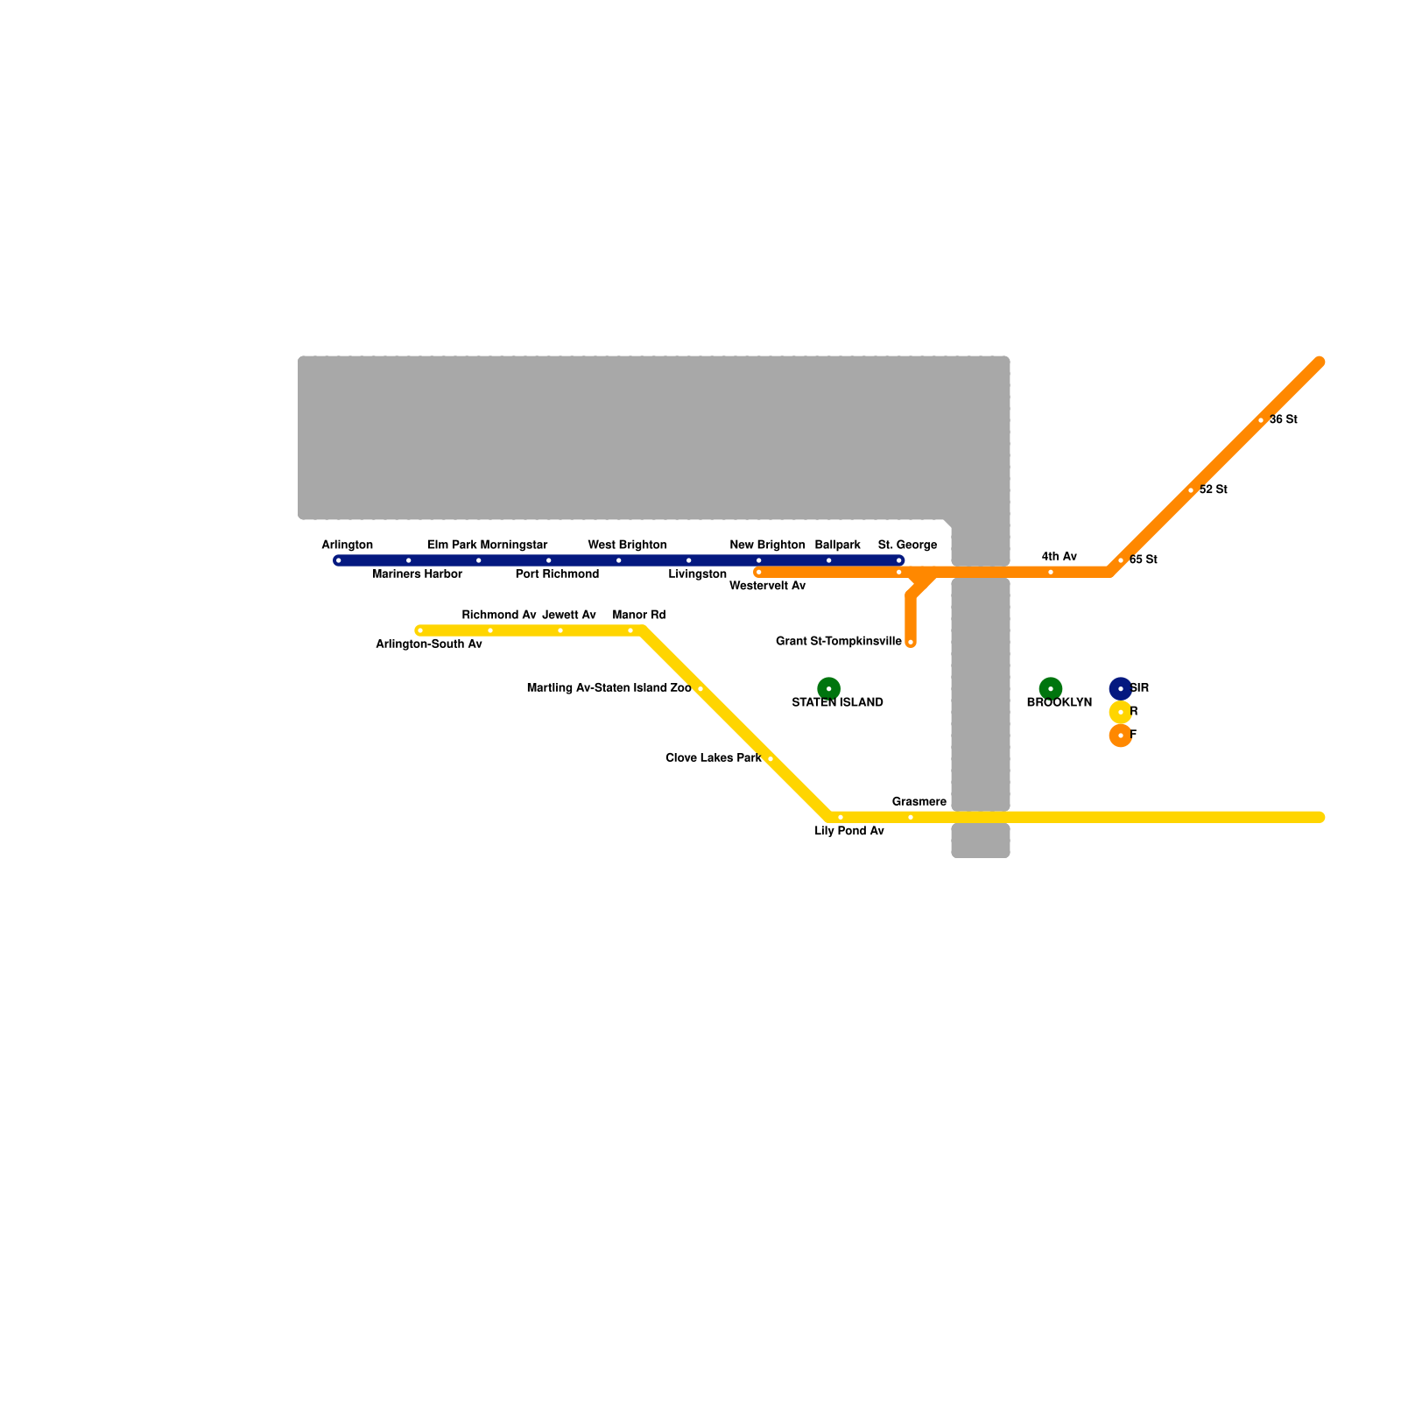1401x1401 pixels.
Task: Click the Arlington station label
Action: [x=347, y=545]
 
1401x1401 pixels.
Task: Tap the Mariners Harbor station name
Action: [x=417, y=574]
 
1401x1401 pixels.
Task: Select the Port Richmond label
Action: [x=557, y=574]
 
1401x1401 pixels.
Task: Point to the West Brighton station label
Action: [x=627, y=545]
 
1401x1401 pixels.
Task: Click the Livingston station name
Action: [x=697, y=574]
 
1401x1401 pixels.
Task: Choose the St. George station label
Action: [x=907, y=545]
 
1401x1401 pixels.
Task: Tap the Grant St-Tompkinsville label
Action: [x=838, y=642]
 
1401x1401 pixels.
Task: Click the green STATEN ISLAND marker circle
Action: [x=828, y=688]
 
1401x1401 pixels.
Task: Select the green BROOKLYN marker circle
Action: [x=1051, y=688]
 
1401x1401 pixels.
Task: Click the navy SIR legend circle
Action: [x=1120, y=688]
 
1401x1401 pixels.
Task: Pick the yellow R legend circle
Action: [x=1120, y=712]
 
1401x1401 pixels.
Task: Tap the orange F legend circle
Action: [x=1120, y=736]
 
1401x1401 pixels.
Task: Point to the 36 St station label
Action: [x=1283, y=420]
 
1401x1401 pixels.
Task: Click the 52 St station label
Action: [x=1213, y=490]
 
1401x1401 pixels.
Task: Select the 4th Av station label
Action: [x=1059, y=557]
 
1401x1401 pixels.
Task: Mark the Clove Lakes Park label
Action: [x=713, y=758]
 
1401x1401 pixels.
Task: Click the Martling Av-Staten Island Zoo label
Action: [x=609, y=688]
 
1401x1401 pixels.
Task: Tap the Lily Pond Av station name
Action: [x=848, y=831]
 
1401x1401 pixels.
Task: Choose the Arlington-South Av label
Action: [x=428, y=644]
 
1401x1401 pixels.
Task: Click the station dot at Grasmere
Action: [x=911, y=817]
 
